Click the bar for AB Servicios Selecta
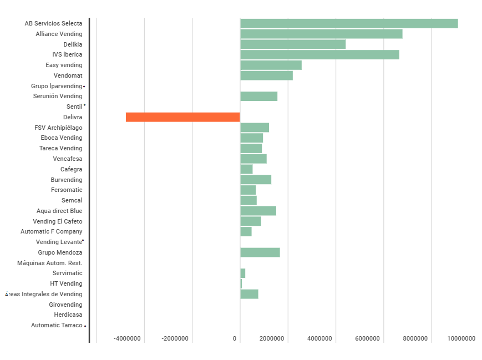click(349, 23)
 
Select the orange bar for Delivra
click(182, 117)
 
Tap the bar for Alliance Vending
click(321, 34)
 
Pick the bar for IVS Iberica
click(319, 54)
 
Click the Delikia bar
click(293, 44)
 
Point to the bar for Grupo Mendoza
click(260, 252)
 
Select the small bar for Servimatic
click(242, 273)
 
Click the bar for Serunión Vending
click(258, 96)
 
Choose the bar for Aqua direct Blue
click(258, 211)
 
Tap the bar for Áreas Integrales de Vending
click(249, 294)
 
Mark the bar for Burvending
click(256, 179)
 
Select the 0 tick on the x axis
click(235, 338)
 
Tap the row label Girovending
click(65, 305)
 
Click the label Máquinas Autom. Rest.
click(50, 263)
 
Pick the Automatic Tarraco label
click(57, 325)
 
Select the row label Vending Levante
click(59, 242)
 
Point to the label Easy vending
click(64, 65)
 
